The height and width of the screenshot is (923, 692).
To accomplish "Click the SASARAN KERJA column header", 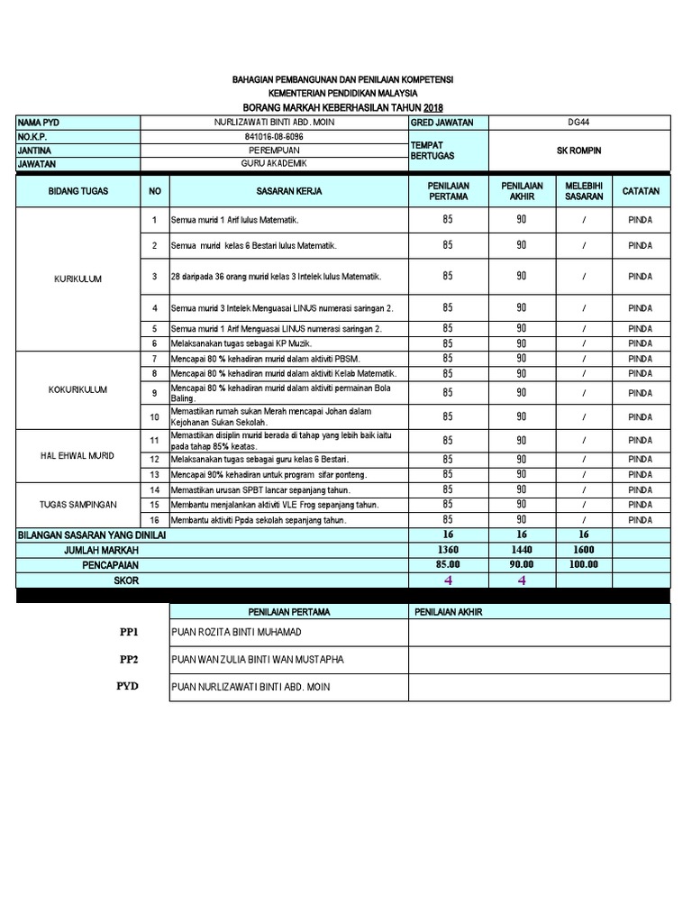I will point(288,191).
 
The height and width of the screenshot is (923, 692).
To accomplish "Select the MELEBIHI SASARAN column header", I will point(584,191).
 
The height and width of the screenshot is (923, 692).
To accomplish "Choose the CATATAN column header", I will point(641,191).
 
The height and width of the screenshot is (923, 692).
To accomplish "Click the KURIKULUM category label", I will point(77,279).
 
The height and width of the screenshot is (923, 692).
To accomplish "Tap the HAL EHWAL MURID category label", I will point(77,456).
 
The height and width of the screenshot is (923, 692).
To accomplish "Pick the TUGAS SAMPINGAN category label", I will point(77,505).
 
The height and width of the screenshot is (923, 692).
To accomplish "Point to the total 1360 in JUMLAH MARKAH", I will point(448,549).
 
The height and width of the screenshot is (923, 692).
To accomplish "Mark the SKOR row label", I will point(126,580).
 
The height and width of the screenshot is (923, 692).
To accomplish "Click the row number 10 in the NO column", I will point(154,416).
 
